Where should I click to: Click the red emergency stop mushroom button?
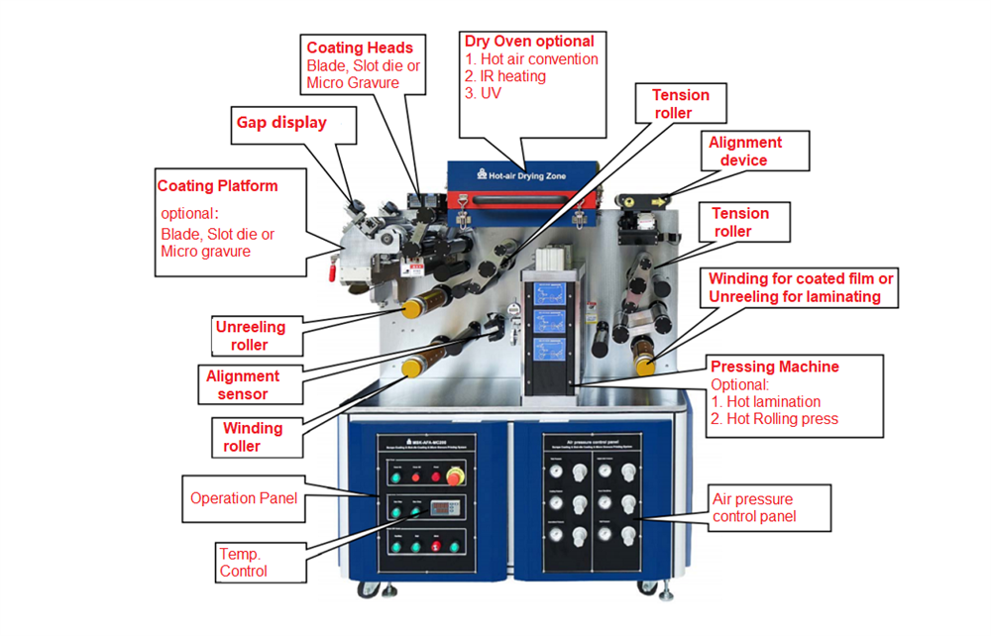455,477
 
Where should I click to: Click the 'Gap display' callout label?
281,123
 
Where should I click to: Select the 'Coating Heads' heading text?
360,47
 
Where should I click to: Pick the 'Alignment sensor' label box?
243,384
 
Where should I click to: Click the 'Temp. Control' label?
244,563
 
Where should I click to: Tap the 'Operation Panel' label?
244,498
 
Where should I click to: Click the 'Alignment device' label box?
745,152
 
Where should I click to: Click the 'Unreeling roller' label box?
250,336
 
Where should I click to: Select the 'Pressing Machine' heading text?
774,367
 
